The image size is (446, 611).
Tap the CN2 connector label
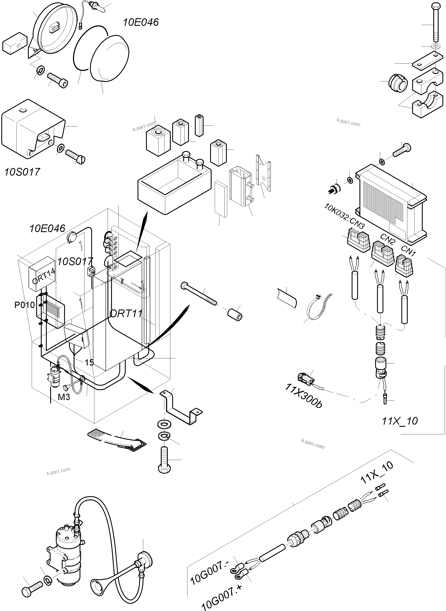point(388,238)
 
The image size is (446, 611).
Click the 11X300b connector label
point(303,396)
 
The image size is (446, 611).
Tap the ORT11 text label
point(126,314)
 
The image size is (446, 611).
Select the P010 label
point(25,305)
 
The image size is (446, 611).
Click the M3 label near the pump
point(64,397)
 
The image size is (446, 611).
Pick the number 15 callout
point(89,362)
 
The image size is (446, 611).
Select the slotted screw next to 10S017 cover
point(75,157)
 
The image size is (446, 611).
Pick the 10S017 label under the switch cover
point(22,172)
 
